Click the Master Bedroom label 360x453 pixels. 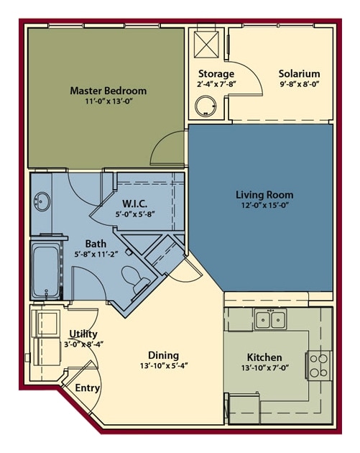click(x=108, y=91)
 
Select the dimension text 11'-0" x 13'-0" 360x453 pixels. click(x=108, y=101)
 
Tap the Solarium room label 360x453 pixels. click(x=299, y=73)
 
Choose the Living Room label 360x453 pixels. click(x=264, y=194)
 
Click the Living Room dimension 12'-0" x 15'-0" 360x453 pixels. click(x=264, y=205)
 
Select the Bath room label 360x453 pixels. click(x=96, y=244)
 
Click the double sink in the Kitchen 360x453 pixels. click(x=271, y=319)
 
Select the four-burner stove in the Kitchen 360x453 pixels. click(x=318, y=365)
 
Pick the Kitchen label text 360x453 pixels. click(x=264, y=357)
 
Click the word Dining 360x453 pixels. click(x=163, y=354)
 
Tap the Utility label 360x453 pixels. click(x=83, y=334)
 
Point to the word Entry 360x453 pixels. click(x=88, y=388)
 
